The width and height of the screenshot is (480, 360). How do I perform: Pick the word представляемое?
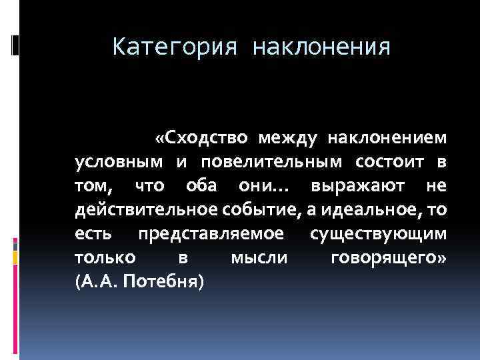[x=211, y=234]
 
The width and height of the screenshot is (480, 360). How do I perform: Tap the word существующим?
[x=379, y=234]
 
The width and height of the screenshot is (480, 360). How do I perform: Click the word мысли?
[x=258, y=258]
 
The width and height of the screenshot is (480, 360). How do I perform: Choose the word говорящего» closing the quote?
[x=389, y=258]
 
